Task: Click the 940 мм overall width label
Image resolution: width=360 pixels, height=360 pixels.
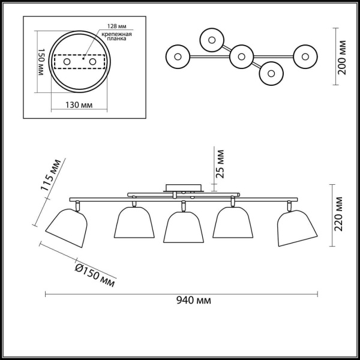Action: click(194, 300)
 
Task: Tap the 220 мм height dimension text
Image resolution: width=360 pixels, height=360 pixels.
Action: click(338, 214)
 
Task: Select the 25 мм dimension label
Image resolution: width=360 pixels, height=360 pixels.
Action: click(220, 164)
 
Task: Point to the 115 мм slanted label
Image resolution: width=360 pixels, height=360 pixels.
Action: click(51, 175)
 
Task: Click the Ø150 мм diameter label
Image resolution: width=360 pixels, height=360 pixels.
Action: click(95, 275)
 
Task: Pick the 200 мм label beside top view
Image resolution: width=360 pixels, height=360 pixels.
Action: click(342, 58)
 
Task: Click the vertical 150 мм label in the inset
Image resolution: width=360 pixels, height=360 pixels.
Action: click(40, 62)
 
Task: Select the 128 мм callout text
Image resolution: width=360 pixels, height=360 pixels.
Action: click(117, 26)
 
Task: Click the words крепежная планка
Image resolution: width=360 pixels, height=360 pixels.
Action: click(117, 37)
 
